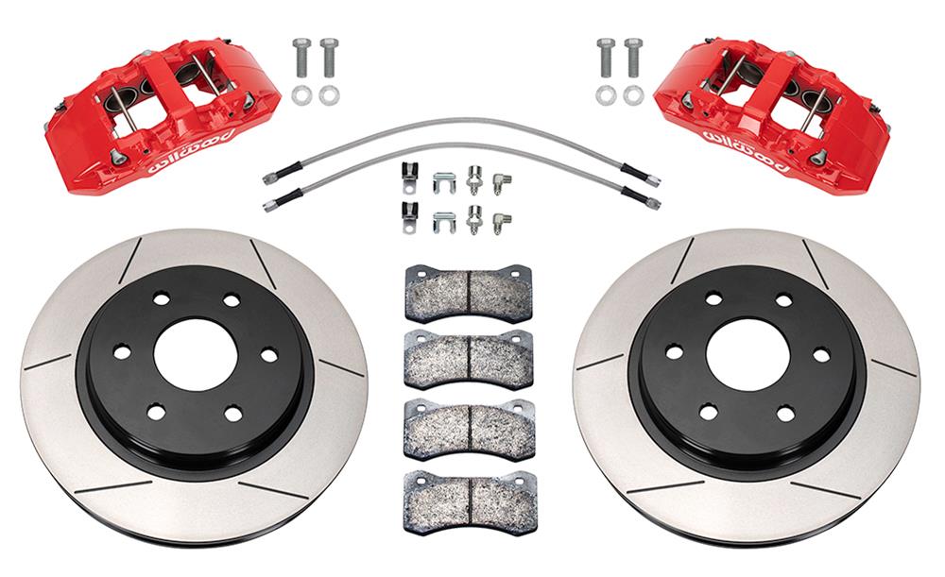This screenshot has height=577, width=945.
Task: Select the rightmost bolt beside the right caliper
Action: pos(633,59)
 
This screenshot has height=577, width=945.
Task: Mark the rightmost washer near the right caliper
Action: pos(633,94)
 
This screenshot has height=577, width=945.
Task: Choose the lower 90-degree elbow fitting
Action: pos(504,220)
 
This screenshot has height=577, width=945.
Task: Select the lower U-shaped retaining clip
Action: pos(442,222)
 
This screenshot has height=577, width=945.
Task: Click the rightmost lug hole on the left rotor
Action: pos(268,355)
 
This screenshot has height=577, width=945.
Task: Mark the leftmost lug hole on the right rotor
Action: pos(674,352)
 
